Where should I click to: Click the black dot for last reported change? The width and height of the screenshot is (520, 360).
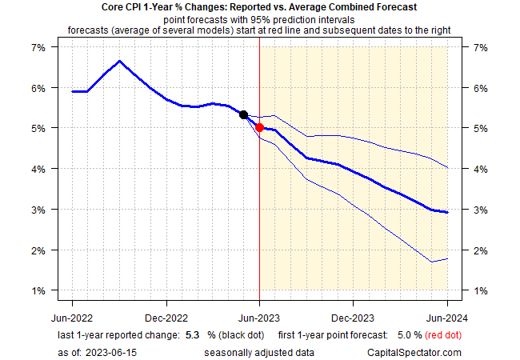(244, 115)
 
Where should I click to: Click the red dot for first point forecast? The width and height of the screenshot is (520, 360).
(260, 127)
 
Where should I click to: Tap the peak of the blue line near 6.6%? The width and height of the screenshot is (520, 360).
(119, 61)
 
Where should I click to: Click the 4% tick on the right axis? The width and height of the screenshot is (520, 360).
(481, 169)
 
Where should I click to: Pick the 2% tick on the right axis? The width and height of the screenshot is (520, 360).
(481, 250)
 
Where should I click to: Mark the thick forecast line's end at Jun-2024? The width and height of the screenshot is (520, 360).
(446, 212)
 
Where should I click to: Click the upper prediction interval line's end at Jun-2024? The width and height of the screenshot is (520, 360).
(446, 168)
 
